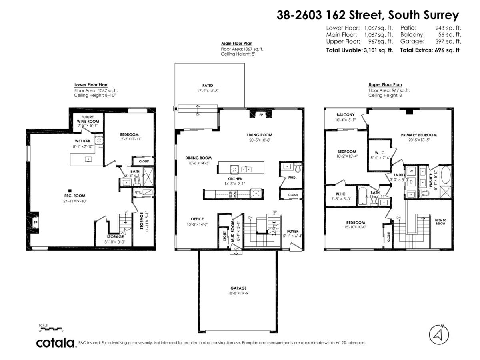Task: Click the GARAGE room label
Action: tap(238, 288)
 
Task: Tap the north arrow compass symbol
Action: tap(439, 334)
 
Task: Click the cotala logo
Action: tap(56, 343)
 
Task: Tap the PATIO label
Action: tap(207, 85)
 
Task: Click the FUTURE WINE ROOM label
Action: tap(88, 119)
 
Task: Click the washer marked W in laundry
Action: tap(411, 172)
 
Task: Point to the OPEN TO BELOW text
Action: tap(440, 222)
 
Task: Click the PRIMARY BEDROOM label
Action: tap(419, 135)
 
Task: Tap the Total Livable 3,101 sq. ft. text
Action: tap(360, 50)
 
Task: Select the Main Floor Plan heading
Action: tap(237, 44)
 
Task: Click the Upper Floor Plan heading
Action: tap(385, 85)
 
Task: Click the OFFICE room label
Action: tap(197, 219)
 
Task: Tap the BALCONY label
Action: tap(346, 114)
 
